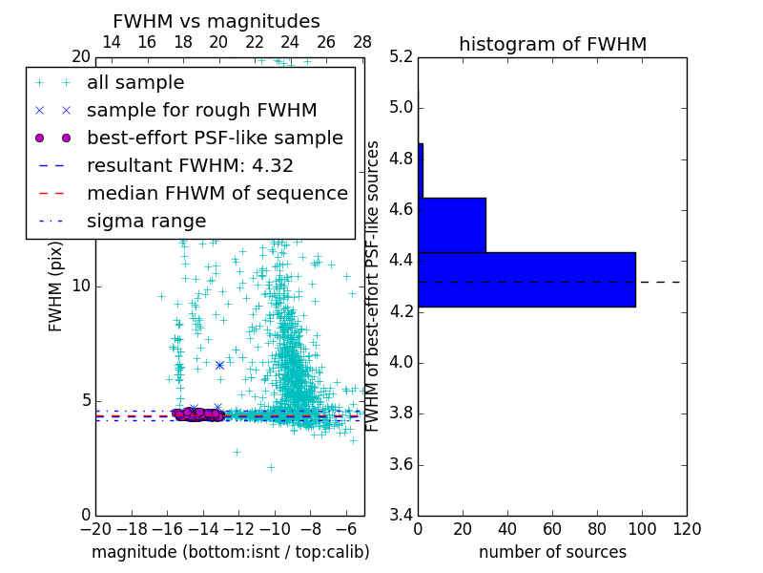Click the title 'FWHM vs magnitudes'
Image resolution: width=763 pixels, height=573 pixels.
tap(217, 21)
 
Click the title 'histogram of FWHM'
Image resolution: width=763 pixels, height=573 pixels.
tap(552, 44)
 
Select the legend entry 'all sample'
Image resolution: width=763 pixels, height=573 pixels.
tap(135, 83)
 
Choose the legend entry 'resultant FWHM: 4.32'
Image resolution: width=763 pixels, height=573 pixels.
tap(190, 165)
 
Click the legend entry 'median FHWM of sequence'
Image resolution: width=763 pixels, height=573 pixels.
tap(217, 193)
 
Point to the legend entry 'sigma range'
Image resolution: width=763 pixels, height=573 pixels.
tap(146, 221)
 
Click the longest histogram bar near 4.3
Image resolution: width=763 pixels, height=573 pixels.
tap(526, 279)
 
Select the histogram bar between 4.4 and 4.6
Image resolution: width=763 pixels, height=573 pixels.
tap(452, 224)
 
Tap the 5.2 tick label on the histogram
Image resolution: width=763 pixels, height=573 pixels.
tap(401, 56)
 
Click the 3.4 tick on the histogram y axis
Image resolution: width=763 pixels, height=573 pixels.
tap(401, 516)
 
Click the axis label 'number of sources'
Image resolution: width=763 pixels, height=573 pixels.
tap(552, 552)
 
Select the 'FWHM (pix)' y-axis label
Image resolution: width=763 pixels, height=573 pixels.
tap(56, 286)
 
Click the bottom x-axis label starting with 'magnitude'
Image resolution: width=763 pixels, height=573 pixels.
tap(230, 552)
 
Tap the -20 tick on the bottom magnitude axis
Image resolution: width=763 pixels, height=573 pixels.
tap(95, 529)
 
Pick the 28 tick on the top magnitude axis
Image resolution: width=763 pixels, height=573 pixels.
tap(362, 43)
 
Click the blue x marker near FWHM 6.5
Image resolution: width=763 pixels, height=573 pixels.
tap(219, 365)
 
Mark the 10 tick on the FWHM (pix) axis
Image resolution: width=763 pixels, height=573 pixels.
tap(81, 286)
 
